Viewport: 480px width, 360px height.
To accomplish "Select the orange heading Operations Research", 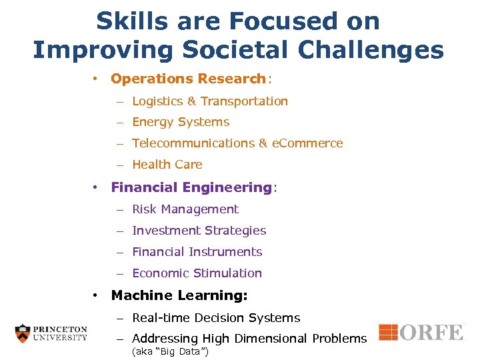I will [188, 79].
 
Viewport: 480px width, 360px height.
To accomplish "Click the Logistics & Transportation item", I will [210, 101].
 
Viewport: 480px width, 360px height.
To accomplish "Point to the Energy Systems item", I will [181, 122].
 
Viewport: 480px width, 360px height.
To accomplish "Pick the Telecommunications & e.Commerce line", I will [237, 143].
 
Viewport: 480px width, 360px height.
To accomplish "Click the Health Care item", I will [167, 165].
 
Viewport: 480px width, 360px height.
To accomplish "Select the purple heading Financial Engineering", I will [191, 187].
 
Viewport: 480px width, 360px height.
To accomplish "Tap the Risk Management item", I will [185, 209].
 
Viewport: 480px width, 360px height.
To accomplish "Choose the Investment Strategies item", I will [199, 231].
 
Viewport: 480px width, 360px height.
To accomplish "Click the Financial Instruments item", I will [197, 252].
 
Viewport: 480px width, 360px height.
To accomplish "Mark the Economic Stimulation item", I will [197, 273].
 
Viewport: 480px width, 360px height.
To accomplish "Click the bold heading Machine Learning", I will [179, 295].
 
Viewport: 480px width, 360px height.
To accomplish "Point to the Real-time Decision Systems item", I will [216, 318].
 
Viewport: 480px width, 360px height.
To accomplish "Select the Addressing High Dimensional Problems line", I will [249, 339].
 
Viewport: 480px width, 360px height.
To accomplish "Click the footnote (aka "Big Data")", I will [171, 351].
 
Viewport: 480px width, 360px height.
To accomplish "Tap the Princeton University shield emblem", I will [23, 333].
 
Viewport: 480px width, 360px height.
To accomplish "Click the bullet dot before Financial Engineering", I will [97, 187].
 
